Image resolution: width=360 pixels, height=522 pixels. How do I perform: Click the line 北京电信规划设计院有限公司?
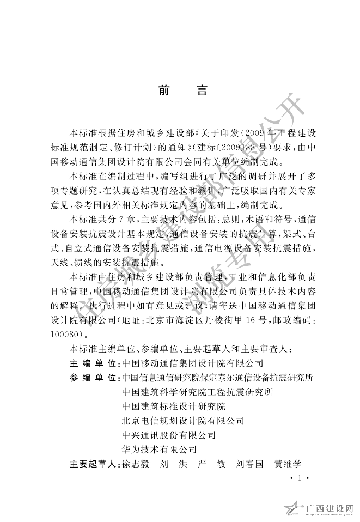[x=184, y=421]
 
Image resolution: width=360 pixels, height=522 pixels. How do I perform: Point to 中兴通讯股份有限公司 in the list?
[x=169, y=435]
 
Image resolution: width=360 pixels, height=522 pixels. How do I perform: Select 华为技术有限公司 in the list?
[x=159, y=450]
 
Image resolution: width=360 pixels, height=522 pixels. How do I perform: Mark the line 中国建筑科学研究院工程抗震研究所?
[x=198, y=391]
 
